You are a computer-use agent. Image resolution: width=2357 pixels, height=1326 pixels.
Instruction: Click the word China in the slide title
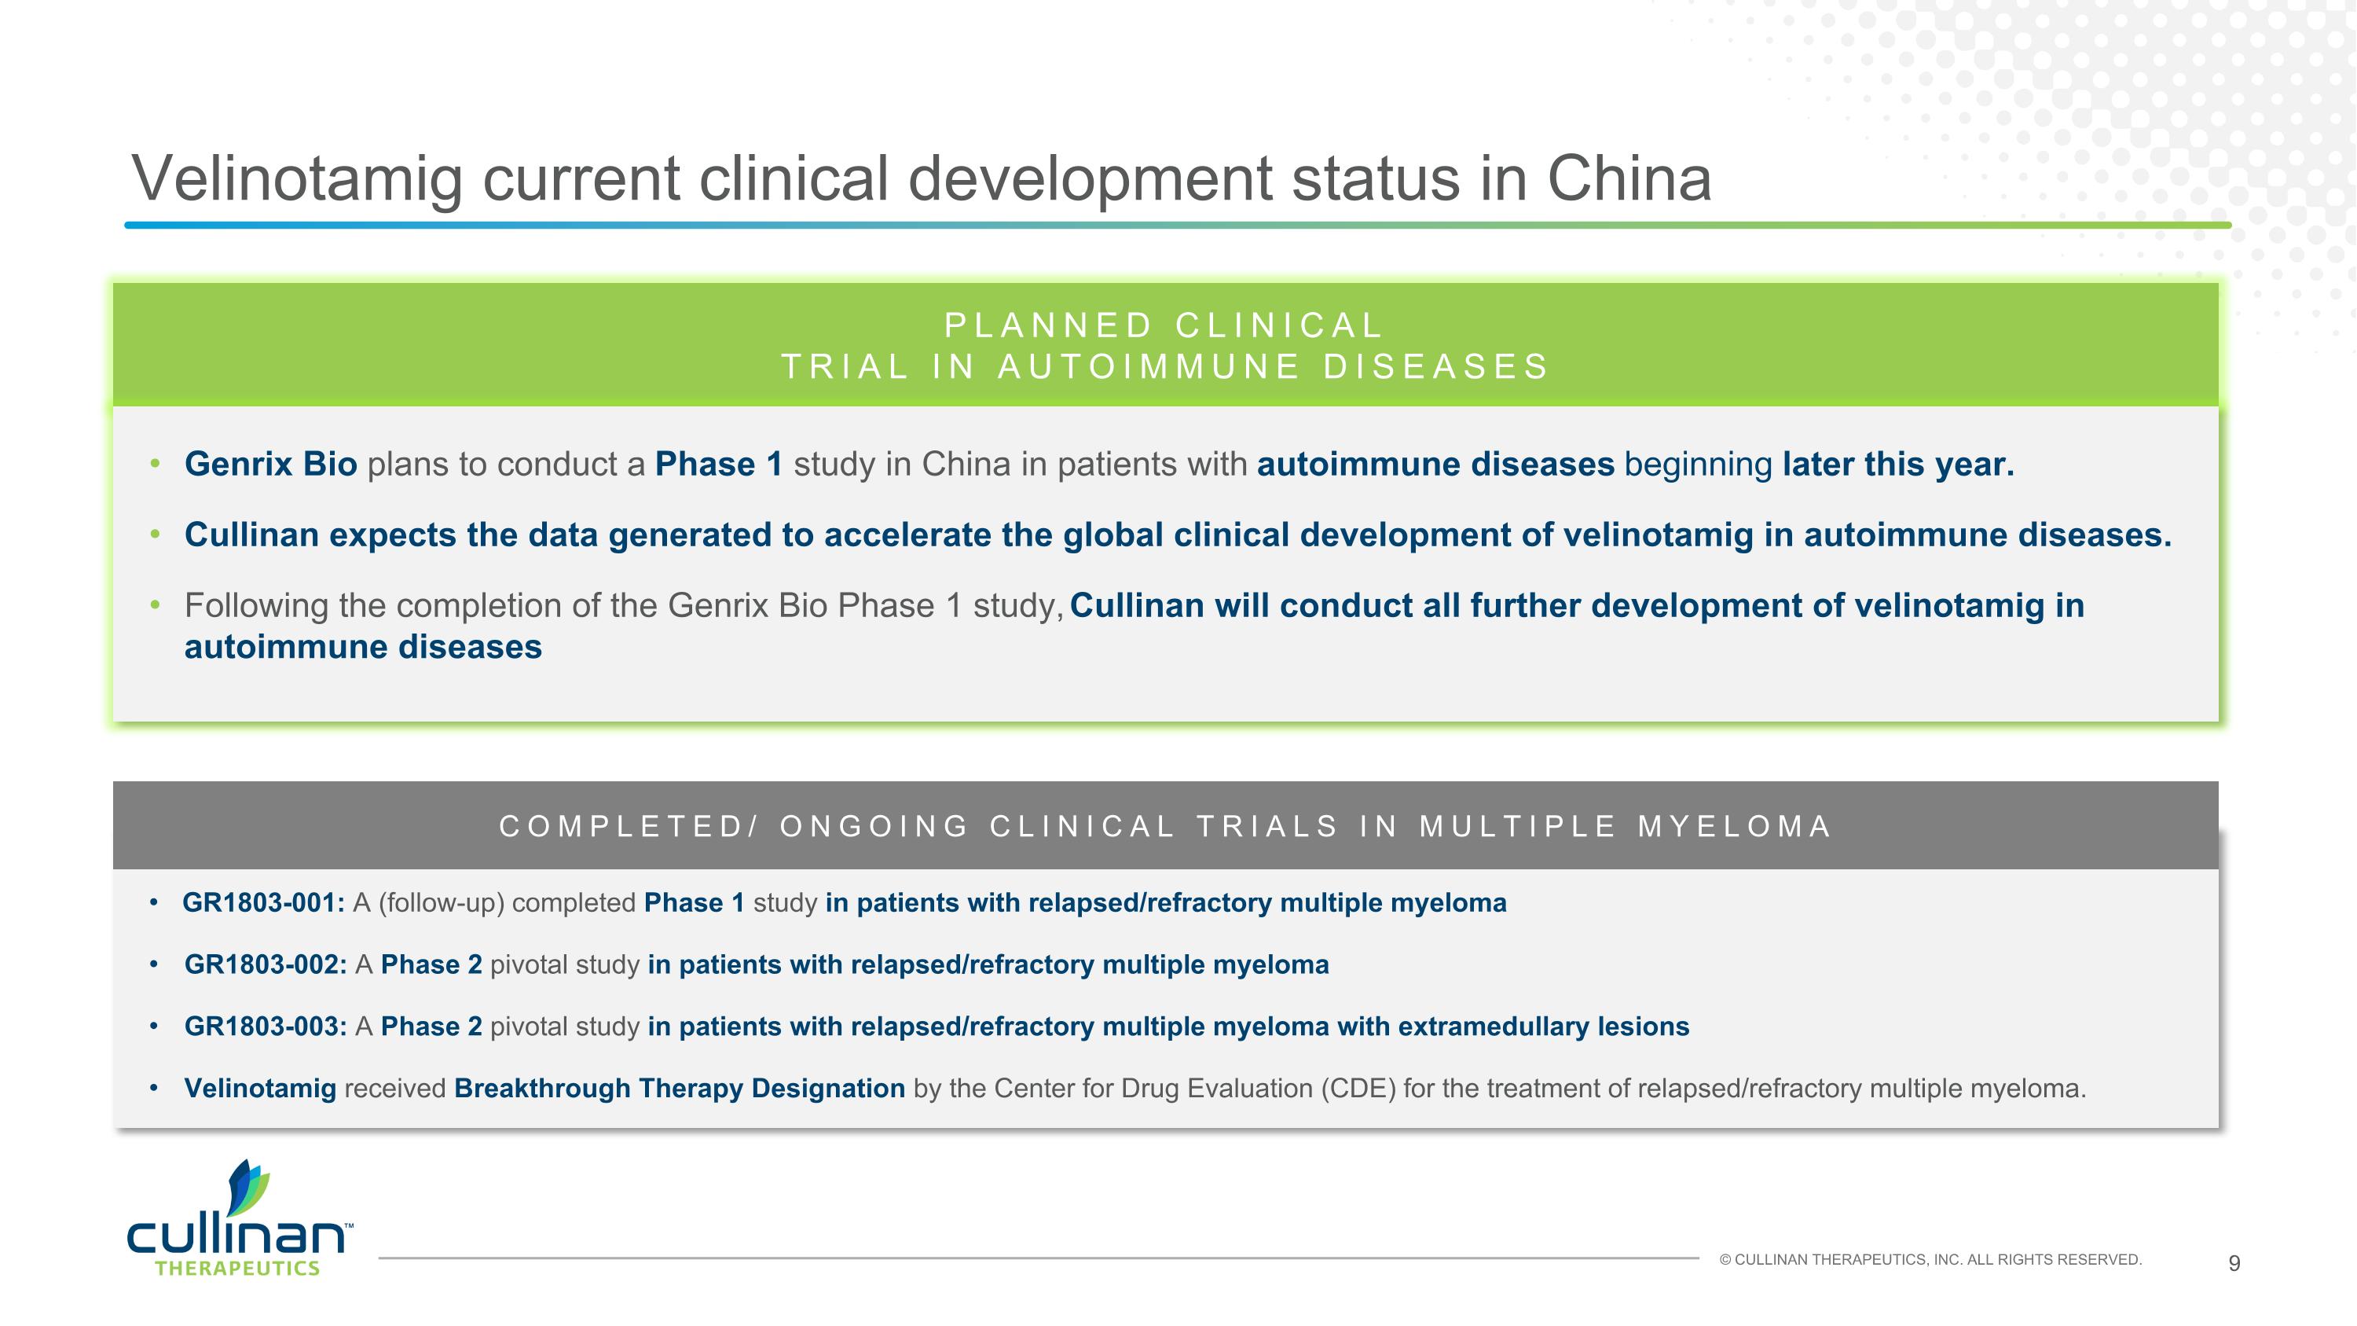pyautogui.click(x=1629, y=178)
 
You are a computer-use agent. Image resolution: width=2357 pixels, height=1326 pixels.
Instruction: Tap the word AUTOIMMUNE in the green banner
pyautogui.click(x=1149, y=367)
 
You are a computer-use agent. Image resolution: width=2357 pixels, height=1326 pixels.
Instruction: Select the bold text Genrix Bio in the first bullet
pyautogui.click(x=271, y=464)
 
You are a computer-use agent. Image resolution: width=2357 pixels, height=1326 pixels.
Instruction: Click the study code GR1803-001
pyautogui.click(x=263, y=903)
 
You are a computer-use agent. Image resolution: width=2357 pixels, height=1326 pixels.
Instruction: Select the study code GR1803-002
pyautogui.click(x=266, y=964)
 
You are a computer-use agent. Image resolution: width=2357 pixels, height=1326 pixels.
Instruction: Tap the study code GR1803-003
pyautogui.click(x=266, y=1027)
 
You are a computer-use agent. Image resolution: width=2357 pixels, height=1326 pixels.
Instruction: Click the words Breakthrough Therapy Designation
pyautogui.click(x=679, y=1088)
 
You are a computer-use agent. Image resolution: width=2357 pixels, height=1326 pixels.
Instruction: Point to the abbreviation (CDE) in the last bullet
pyautogui.click(x=1358, y=1088)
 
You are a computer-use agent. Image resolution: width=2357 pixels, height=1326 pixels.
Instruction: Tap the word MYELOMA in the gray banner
pyautogui.click(x=1734, y=826)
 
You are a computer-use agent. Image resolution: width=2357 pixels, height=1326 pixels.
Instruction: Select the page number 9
pyautogui.click(x=2234, y=1264)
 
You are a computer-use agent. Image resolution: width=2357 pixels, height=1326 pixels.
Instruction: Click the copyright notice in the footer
pyautogui.click(x=1930, y=1260)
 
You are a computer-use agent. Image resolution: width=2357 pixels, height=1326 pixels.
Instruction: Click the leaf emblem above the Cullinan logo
pyautogui.click(x=247, y=1188)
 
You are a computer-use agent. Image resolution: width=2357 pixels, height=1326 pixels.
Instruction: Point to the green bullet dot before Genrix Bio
pyautogui.click(x=155, y=464)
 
